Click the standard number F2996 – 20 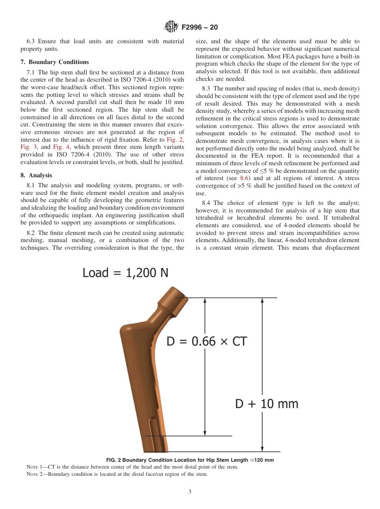[199, 28]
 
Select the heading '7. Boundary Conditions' [54, 62]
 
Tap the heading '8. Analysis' [36, 175]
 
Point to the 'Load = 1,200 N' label [125, 273]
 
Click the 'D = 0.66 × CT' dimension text [206, 341]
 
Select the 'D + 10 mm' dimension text [266, 404]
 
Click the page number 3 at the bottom [190, 492]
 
